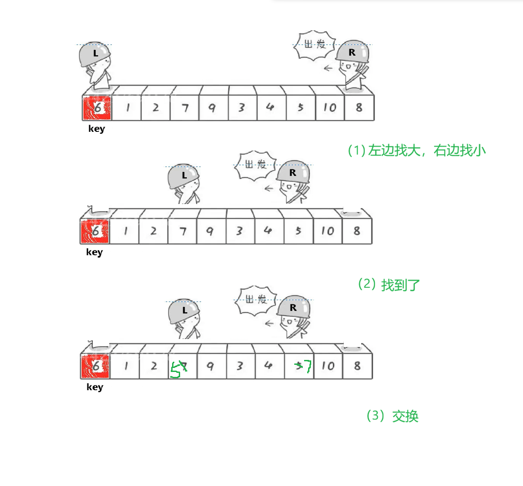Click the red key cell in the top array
click(97, 108)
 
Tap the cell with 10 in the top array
click(329, 108)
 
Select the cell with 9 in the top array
click(213, 108)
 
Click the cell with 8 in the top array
click(359, 108)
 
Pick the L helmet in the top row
click(95, 54)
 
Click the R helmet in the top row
click(352, 53)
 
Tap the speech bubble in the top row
click(315, 45)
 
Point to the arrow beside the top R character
click(329, 68)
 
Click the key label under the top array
click(96, 129)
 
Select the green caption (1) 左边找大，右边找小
click(416, 151)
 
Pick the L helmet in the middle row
click(183, 176)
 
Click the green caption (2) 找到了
click(389, 284)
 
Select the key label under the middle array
click(94, 252)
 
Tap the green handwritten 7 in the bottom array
click(306, 367)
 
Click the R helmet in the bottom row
click(293, 307)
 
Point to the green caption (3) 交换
click(392, 416)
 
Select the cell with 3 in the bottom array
click(240, 366)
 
